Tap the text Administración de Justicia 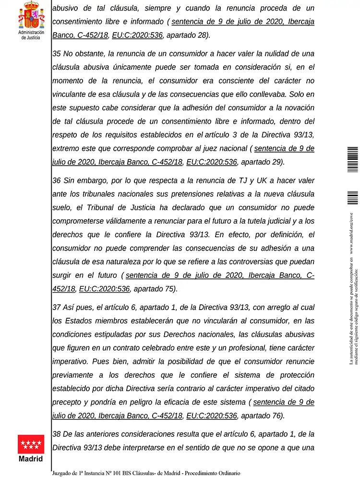coord(31,35)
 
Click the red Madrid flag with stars coord(31,444)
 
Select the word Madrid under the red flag coord(31,459)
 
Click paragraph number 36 coord(56,180)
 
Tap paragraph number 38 coord(56,434)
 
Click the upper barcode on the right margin coord(353,160)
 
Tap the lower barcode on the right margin coord(353,198)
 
